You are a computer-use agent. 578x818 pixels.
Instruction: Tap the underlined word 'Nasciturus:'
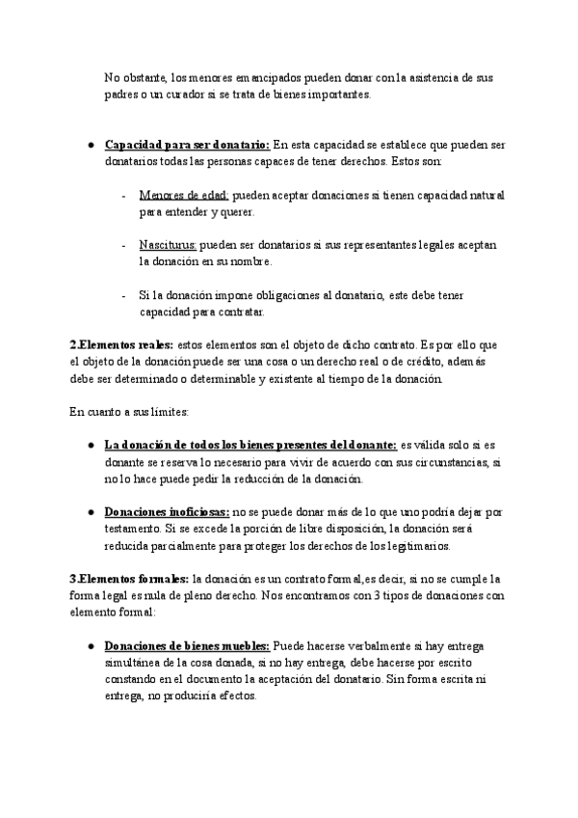click(168, 245)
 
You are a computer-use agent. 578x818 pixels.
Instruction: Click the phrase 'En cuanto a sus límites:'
click(129, 412)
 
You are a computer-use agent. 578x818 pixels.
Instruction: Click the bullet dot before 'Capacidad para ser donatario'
click(89, 145)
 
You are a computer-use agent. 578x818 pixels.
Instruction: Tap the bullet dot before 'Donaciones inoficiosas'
click(89, 512)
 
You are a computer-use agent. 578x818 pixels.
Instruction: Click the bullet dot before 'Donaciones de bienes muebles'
click(89, 646)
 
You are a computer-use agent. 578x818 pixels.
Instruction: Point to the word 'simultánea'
click(135, 663)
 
